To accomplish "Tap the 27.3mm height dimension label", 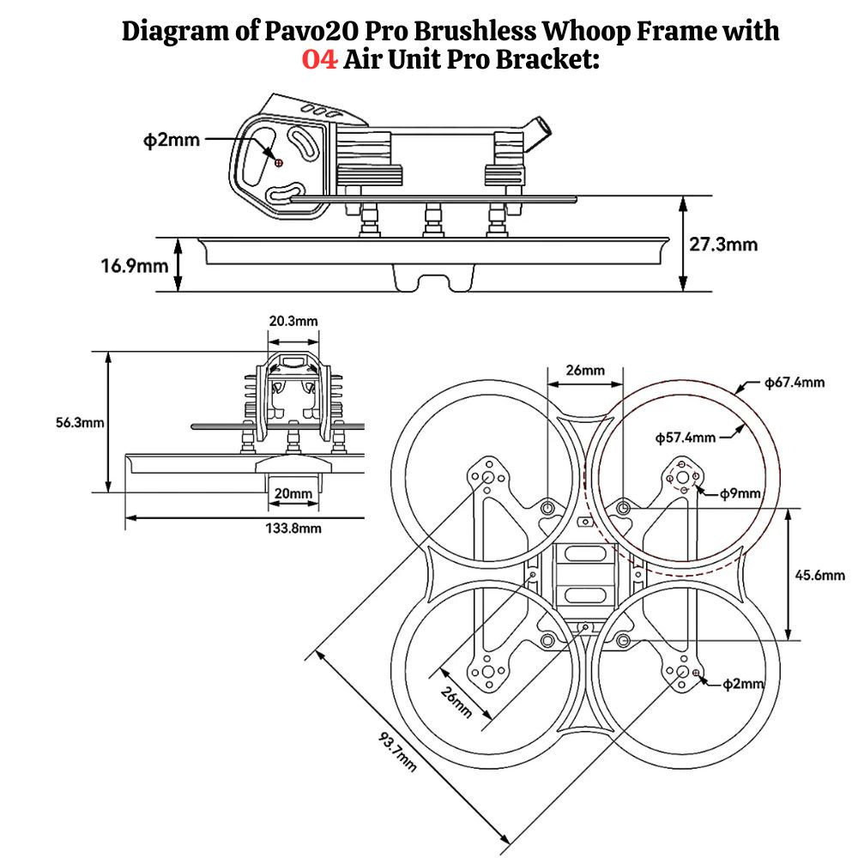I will [723, 245].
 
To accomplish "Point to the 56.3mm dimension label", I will [78, 422].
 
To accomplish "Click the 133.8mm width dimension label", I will [293, 529].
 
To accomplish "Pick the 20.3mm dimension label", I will [293, 321].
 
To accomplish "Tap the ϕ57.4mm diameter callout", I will [685, 438].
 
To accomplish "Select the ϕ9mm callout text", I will [740, 492].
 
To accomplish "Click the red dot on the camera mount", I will [277, 161].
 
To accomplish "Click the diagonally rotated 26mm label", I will [456, 703].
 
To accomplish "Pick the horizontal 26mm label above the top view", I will [585, 370].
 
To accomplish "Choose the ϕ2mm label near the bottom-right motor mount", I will [743, 683].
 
